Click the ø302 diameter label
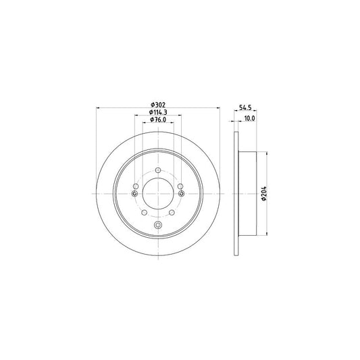pyautogui.click(x=158, y=105)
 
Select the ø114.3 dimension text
pyautogui.click(x=158, y=112)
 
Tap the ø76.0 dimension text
pyautogui.click(x=158, y=120)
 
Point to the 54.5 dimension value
pyautogui.click(x=245, y=107)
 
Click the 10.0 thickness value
pyautogui.click(x=249, y=118)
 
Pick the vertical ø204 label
pyautogui.click(x=264, y=194)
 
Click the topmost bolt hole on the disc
pyautogui.click(x=158, y=170)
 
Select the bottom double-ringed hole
pyautogui.click(x=158, y=225)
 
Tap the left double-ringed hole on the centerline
pyautogui.click(x=135, y=194)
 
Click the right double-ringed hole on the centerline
pyautogui.click(x=182, y=194)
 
